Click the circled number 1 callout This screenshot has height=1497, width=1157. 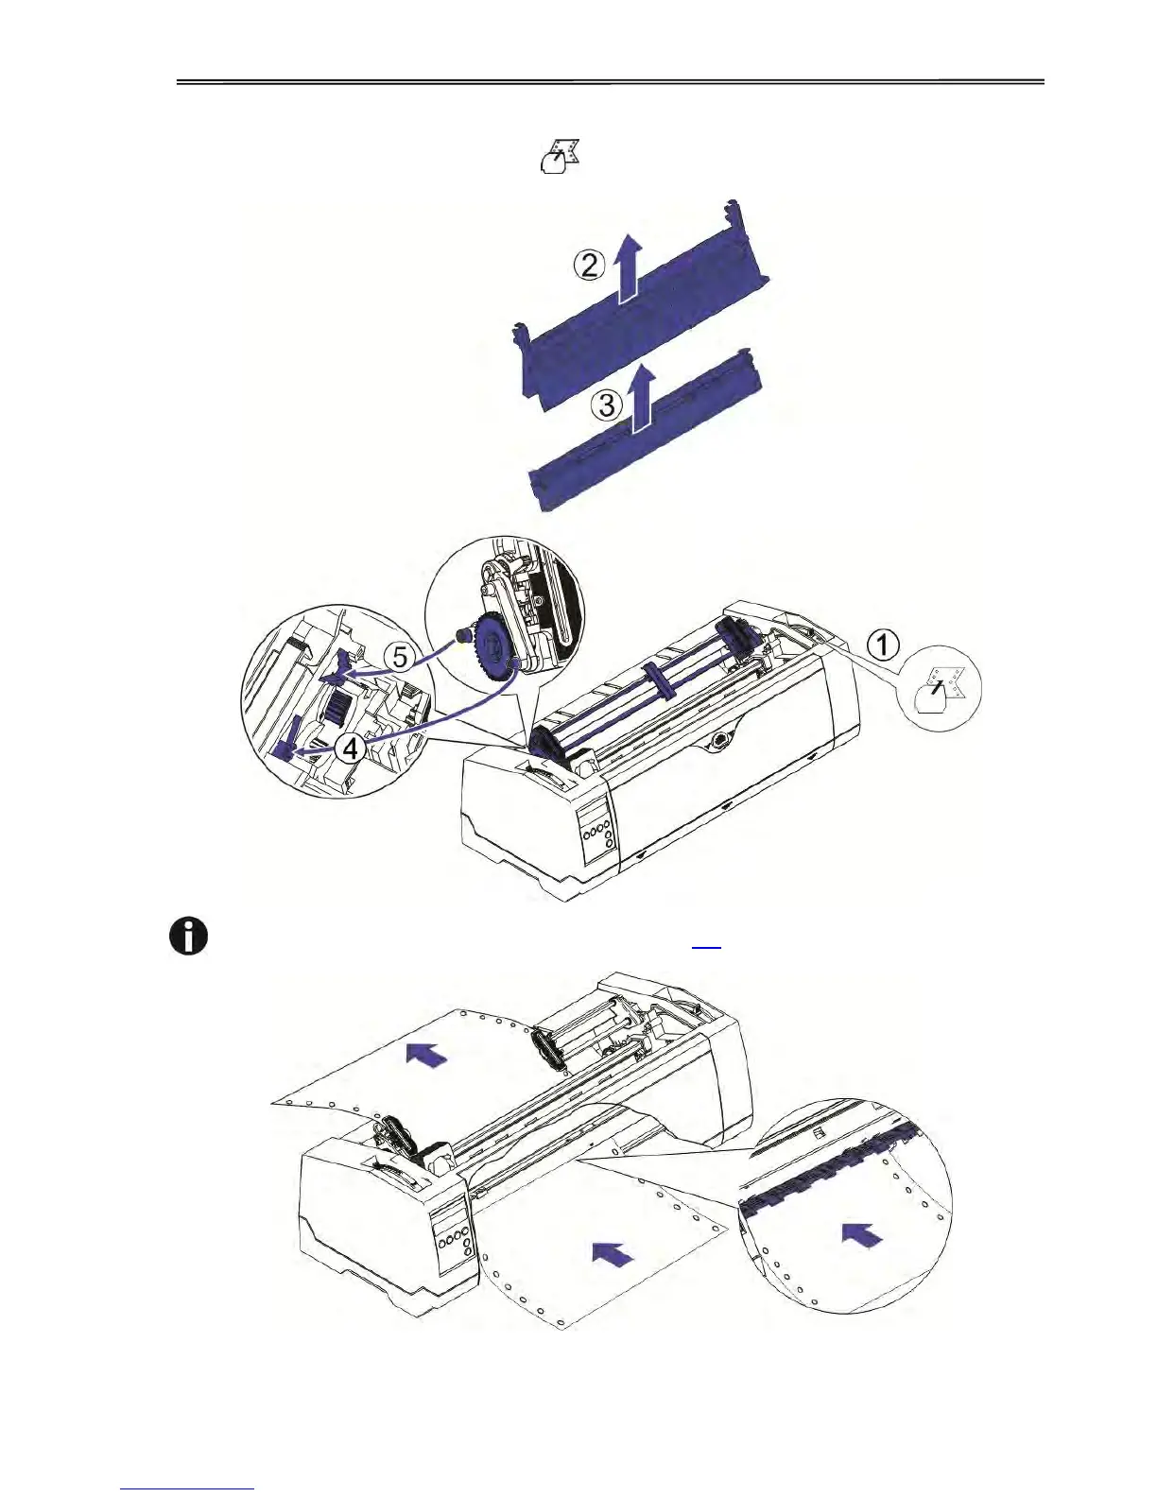(x=883, y=646)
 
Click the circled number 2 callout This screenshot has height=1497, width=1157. (x=589, y=266)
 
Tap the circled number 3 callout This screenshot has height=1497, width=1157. (x=607, y=405)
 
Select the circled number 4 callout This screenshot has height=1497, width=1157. (x=350, y=748)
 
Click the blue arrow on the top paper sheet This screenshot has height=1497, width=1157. (x=427, y=1054)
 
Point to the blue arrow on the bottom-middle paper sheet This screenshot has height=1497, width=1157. (x=613, y=1254)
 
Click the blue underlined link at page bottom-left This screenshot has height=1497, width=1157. (x=188, y=1488)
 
